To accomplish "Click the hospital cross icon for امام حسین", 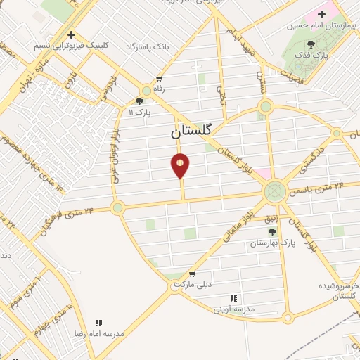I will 323,14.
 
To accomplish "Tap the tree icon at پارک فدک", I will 311,44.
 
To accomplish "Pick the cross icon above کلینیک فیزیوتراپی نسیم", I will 71,34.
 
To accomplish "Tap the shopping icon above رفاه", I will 159,79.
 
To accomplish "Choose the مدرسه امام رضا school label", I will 98,333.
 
